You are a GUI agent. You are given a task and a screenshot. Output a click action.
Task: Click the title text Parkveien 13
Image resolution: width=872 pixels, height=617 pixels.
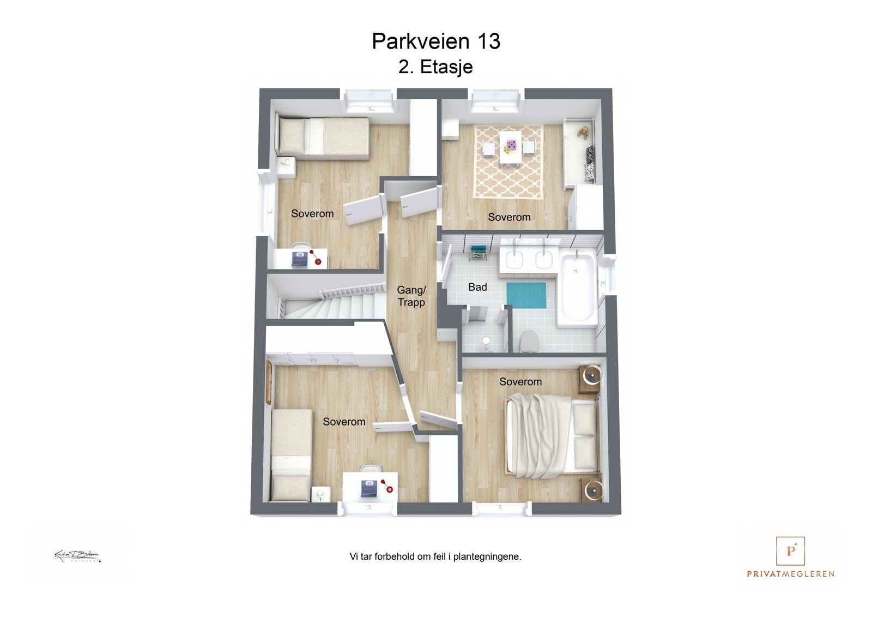[x=436, y=41]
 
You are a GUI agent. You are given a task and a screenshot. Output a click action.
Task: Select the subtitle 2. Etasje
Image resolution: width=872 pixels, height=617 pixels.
[x=435, y=67]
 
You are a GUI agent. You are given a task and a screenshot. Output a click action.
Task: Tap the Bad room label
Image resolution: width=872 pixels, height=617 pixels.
[x=477, y=287]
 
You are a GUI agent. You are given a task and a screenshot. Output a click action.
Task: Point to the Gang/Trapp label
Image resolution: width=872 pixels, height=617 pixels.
[x=411, y=296]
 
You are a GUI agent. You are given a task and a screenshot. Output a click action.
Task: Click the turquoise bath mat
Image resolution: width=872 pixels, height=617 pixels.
[x=526, y=295]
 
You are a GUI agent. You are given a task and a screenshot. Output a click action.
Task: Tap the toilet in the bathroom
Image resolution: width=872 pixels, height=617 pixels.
[x=529, y=341]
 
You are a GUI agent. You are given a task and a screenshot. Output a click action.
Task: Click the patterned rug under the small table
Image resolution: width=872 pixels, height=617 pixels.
[x=508, y=162]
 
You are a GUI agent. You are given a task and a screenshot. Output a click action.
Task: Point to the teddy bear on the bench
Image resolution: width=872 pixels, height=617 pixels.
[x=583, y=132]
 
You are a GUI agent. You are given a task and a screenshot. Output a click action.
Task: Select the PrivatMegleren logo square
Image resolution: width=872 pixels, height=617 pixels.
[x=790, y=551]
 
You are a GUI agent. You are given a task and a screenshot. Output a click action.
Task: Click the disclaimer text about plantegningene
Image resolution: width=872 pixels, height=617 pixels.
[x=435, y=557]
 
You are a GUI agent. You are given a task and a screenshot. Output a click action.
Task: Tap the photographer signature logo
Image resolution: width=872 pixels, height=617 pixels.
[x=77, y=556]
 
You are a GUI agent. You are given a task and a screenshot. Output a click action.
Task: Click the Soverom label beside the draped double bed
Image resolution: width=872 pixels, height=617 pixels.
[x=520, y=382]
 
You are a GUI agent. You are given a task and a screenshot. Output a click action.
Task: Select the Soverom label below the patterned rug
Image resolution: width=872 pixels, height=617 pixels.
[x=509, y=217]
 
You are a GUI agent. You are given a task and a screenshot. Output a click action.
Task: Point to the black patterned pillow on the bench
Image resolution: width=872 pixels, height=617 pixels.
[x=589, y=163]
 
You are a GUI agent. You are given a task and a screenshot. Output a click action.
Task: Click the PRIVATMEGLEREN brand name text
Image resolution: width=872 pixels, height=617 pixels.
[x=790, y=574]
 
